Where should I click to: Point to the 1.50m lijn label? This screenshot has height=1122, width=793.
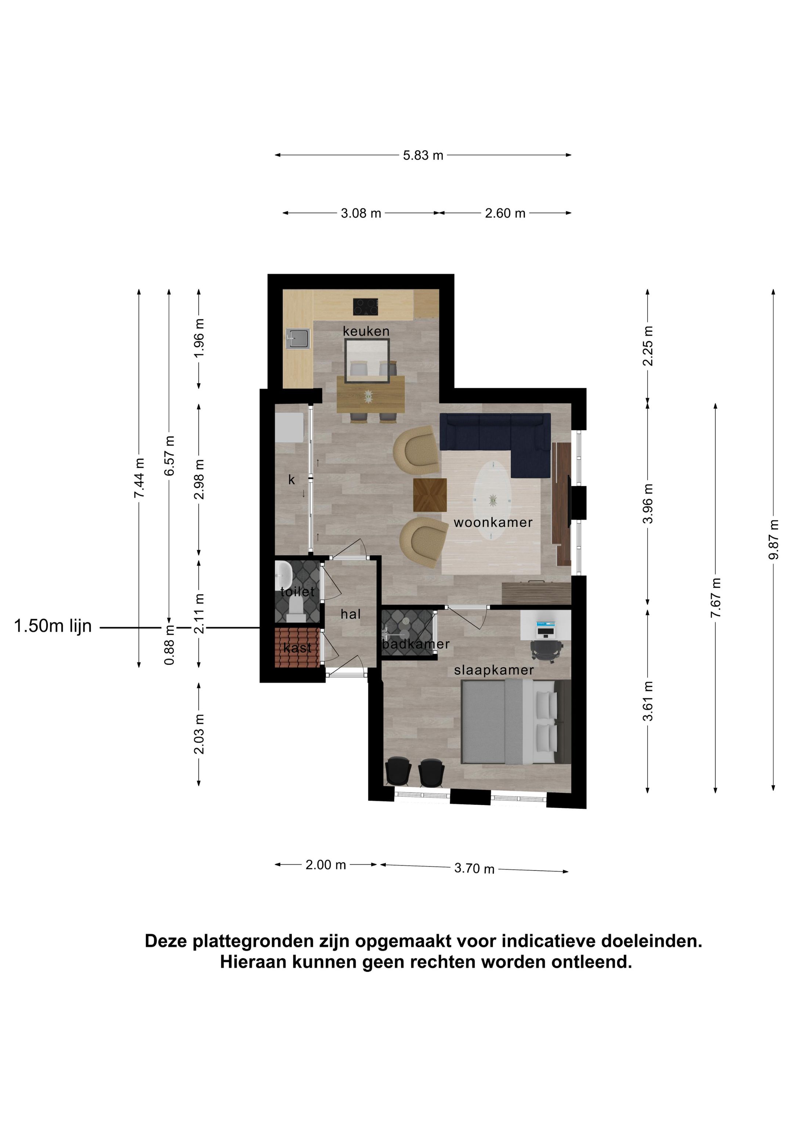click(x=53, y=626)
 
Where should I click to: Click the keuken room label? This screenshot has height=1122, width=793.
click(x=366, y=331)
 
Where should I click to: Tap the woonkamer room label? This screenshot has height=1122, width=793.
click(x=493, y=522)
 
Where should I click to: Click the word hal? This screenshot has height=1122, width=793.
click(x=351, y=614)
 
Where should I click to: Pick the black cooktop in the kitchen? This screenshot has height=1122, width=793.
click(x=366, y=307)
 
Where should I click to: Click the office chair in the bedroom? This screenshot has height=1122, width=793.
click(x=546, y=650)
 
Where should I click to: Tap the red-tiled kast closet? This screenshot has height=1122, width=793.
click(x=297, y=647)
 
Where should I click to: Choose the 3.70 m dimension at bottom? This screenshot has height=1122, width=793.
click(x=474, y=868)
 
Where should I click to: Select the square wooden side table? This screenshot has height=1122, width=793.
click(x=430, y=495)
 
